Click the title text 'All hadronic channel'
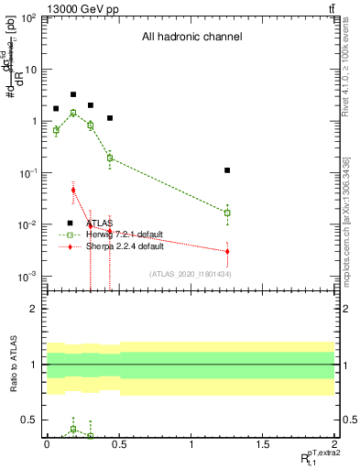coord(191,38)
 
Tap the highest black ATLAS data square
coord(73,94)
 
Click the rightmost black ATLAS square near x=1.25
coord(227,170)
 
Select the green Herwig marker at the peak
coord(73,113)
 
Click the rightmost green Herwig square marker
coord(227,213)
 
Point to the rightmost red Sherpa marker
coord(227,251)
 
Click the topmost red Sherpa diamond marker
coord(73,190)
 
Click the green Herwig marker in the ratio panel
coord(73,429)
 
